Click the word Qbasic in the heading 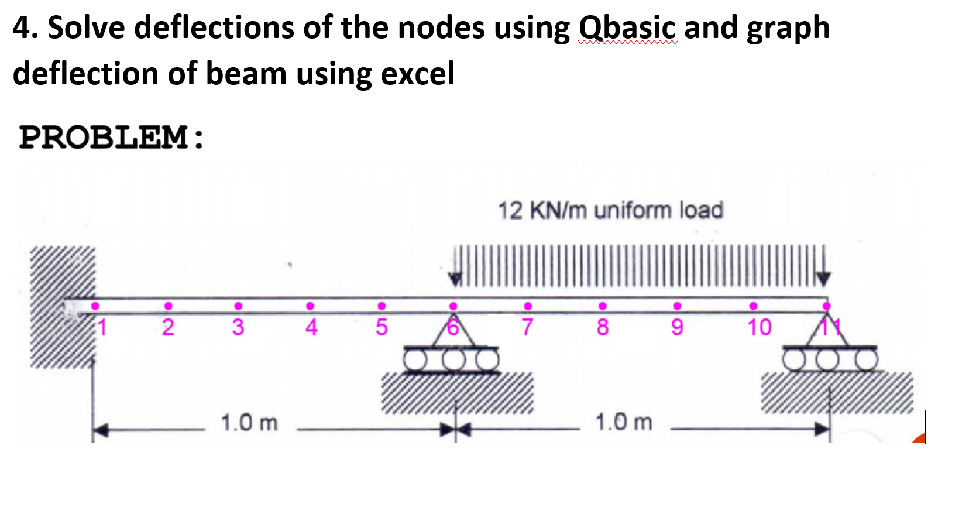(627, 28)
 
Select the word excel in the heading (417, 74)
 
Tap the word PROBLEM (104, 137)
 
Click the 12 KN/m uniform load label (610, 210)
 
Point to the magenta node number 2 (168, 327)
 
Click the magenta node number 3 (238, 327)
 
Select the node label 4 (311, 327)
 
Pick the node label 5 (382, 327)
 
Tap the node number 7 (527, 327)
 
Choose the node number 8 (603, 327)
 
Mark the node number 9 (677, 327)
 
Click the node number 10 (759, 327)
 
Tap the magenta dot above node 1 (95, 306)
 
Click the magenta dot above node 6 (453, 306)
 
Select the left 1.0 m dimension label (249, 422)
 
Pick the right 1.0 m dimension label (624, 422)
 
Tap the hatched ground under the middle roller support (458, 392)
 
